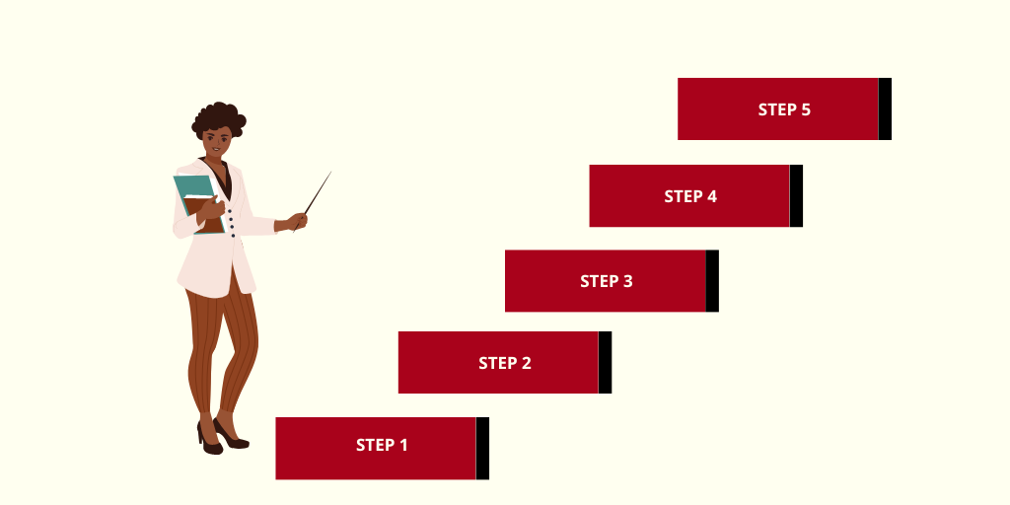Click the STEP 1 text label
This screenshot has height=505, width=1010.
pyautogui.click(x=382, y=445)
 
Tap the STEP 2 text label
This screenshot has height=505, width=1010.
pyautogui.click(x=504, y=363)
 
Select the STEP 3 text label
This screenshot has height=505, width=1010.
pyautogui.click(x=606, y=281)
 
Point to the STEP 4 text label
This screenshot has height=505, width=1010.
pyautogui.click(x=690, y=196)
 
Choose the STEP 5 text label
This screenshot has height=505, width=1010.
pyautogui.click(x=784, y=109)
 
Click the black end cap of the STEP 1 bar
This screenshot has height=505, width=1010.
pyautogui.click(x=482, y=448)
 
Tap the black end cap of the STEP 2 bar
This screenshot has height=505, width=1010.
pyautogui.click(x=605, y=362)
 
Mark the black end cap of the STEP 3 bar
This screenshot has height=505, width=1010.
pyautogui.click(x=712, y=281)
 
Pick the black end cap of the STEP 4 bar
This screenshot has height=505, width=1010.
pyautogui.click(x=796, y=195)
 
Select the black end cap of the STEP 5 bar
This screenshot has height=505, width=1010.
pyautogui.click(x=885, y=108)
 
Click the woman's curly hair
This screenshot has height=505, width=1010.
pyautogui.click(x=216, y=116)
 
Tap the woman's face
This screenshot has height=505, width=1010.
pyautogui.click(x=219, y=141)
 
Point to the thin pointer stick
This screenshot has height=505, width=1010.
pyautogui.click(x=318, y=192)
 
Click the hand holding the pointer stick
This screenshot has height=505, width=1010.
pyautogui.click(x=297, y=221)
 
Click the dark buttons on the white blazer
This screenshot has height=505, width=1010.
pyautogui.click(x=232, y=222)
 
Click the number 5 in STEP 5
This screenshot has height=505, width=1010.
pyautogui.click(x=805, y=109)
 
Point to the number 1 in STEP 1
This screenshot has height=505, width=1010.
pyautogui.click(x=402, y=445)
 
